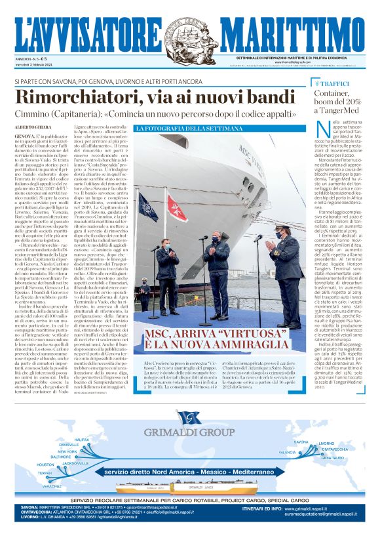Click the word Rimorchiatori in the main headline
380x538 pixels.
coord(73,97)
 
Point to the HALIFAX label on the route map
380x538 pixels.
coord(82,439)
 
